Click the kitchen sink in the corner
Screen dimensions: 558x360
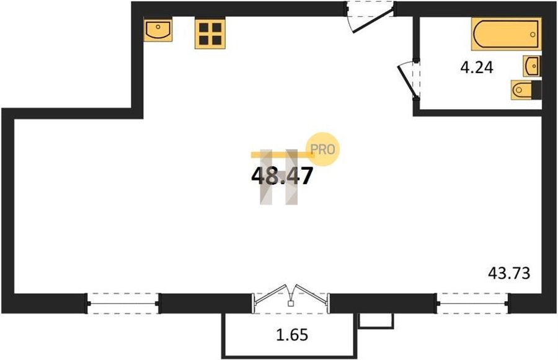point(158,30)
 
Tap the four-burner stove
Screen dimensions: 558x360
point(210,34)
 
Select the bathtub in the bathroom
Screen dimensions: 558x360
point(507,34)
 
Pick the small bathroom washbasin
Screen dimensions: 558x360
point(532,66)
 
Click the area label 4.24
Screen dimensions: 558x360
point(477,68)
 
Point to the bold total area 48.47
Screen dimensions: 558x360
point(282,176)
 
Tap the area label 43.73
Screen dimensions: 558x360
point(509,273)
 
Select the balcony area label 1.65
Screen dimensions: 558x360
point(292,335)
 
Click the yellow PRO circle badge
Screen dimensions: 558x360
point(323,149)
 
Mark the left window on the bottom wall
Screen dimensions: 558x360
point(123,304)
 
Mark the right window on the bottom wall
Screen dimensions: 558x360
point(472,304)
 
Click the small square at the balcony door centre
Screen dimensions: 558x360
point(291,304)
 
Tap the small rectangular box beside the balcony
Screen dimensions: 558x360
point(376,321)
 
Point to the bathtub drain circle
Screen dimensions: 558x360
point(533,35)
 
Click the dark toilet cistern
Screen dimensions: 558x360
point(537,90)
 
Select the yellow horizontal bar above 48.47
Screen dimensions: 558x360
point(283,155)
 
